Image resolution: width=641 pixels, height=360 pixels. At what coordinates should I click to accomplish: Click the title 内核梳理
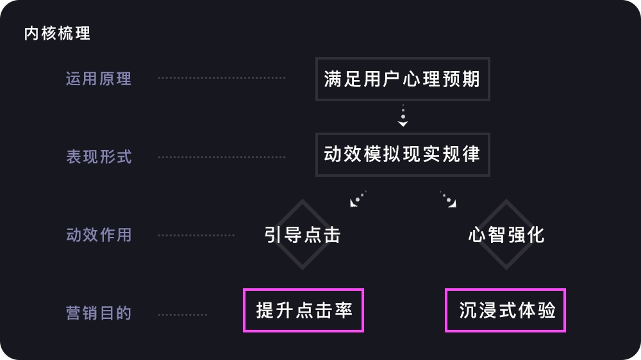pyautogui.click(x=57, y=33)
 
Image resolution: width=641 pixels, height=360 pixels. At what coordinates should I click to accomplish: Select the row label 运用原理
pyautogui.click(x=99, y=79)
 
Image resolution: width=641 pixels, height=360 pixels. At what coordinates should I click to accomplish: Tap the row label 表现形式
pyautogui.click(x=99, y=157)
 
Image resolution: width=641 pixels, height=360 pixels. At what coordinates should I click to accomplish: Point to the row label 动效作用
pyautogui.click(x=99, y=235)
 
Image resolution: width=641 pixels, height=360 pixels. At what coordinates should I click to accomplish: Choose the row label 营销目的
pyautogui.click(x=99, y=313)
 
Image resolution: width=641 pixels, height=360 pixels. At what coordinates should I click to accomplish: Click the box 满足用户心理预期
pyautogui.click(x=403, y=79)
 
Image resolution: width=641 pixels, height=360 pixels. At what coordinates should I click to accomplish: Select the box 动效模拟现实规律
pyautogui.click(x=403, y=154)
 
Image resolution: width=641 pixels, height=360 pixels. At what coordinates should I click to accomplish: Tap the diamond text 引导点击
pyautogui.click(x=302, y=234)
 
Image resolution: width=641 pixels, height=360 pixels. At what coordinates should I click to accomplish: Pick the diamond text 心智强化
pyautogui.click(x=506, y=234)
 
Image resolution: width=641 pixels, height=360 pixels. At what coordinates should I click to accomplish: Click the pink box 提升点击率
pyautogui.click(x=303, y=311)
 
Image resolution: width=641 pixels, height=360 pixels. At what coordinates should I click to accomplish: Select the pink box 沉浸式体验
pyautogui.click(x=506, y=311)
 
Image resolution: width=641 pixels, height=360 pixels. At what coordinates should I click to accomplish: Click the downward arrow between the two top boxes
pyautogui.click(x=403, y=116)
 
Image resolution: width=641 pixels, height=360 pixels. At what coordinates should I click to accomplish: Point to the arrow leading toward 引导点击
pyautogui.click(x=358, y=199)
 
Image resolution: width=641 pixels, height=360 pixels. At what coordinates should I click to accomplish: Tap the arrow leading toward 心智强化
pyautogui.click(x=448, y=199)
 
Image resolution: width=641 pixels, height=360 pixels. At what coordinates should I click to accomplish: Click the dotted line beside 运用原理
pyautogui.click(x=222, y=78)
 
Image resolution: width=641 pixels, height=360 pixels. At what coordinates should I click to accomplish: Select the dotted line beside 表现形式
pyautogui.click(x=222, y=157)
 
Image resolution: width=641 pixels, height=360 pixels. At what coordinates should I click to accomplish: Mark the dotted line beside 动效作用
pyautogui.click(x=196, y=235)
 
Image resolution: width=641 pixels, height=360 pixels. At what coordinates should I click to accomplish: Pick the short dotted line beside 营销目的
pyautogui.click(x=183, y=315)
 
